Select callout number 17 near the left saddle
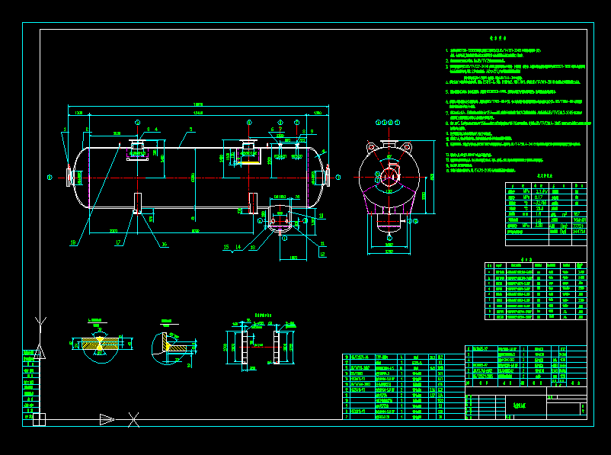coord(118,243)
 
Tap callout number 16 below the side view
coord(164,245)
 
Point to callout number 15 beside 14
coord(226,247)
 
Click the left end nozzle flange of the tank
coord(72,177)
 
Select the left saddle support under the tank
coord(137,203)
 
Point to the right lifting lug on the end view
coord(408,148)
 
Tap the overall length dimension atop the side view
coord(199,104)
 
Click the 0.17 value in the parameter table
coord(539,197)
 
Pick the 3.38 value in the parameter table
coord(539,225)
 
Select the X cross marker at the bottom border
coord(133,418)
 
